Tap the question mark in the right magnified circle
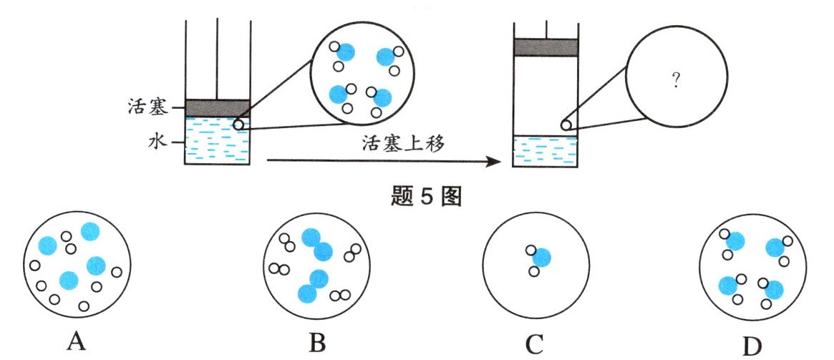[676, 82]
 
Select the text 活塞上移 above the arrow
[404, 145]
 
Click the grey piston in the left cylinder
[218, 108]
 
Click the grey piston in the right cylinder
[546, 47]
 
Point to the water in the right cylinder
[546, 151]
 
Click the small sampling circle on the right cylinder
[566, 125]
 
